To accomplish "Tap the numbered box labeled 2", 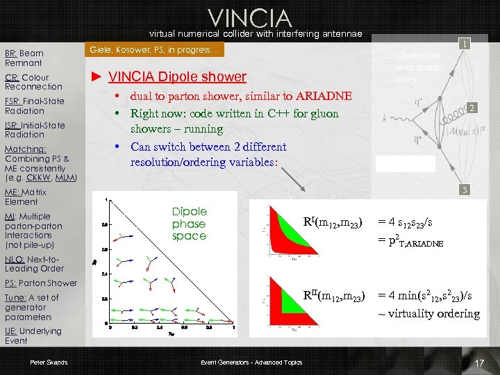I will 472,108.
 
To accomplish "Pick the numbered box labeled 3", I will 465,190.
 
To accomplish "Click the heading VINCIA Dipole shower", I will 177,76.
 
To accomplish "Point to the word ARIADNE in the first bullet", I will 324,96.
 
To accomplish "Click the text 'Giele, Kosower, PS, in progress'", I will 153,50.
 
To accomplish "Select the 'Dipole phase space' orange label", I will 190,224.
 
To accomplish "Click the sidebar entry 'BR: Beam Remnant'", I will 25,58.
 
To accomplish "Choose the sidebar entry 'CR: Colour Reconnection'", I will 33,82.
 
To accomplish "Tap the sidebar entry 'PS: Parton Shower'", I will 41,283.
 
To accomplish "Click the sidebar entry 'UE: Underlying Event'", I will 33,336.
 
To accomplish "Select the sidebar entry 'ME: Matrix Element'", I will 26,197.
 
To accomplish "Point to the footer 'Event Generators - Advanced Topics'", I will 252,362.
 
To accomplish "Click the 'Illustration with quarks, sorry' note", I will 417,67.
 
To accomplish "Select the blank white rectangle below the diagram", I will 405,163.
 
